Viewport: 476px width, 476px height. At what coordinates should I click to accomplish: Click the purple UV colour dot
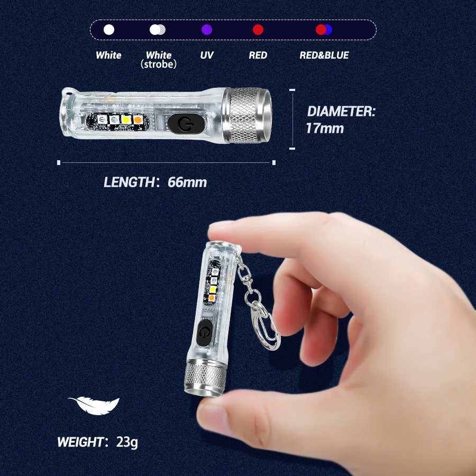pyautogui.click(x=207, y=30)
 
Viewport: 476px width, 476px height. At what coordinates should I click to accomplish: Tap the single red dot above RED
pyautogui.click(x=258, y=30)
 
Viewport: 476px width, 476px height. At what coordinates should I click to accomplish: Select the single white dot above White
pyautogui.click(x=109, y=30)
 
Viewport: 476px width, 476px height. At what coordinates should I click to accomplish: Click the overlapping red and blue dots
pyautogui.click(x=324, y=30)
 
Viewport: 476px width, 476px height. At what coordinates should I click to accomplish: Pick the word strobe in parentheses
pyautogui.click(x=159, y=64)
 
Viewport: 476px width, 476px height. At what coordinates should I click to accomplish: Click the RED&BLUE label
pyautogui.click(x=324, y=55)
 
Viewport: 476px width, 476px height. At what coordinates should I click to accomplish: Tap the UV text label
pyautogui.click(x=207, y=55)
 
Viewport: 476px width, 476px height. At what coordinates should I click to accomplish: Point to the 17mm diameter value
pyautogui.click(x=325, y=128)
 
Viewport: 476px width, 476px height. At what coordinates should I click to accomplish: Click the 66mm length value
pyautogui.click(x=187, y=182)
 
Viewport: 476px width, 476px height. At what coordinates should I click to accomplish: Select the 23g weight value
pyautogui.click(x=127, y=442)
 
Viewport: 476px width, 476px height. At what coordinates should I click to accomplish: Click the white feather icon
pyautogui.click(x=94, y=405)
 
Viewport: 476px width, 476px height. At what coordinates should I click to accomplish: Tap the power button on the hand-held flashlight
pyautogui.click(x=205, y=333)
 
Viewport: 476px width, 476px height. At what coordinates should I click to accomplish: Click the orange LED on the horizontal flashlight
pyautogui.click(x=138, y=120)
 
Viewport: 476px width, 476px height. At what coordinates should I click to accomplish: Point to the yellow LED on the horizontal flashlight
pyautogui.click(x=126, y=120)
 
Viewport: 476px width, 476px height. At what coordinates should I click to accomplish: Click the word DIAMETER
pyautogui.click(x=341, y=112)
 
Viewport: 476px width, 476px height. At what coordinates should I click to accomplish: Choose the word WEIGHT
pyautogui.click(x=81, y=442)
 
